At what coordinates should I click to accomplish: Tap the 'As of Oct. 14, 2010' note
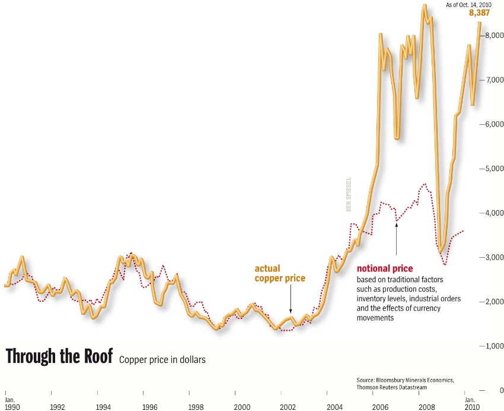click(468, 5)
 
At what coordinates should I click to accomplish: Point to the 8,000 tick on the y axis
click(494, 36)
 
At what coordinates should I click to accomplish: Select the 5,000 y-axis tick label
click(494, 169)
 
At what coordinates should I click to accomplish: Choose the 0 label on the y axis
click(501, 390)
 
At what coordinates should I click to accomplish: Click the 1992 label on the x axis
click(58, 407)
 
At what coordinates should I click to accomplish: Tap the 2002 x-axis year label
click(288, 407)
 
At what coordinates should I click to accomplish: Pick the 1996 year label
click(149, 407)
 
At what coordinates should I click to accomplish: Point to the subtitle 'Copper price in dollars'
click(162, 360)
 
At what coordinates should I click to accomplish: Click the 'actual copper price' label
click(280, 273)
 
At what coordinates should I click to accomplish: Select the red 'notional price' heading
click(384, 268)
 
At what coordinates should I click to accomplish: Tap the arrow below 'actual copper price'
click(291, 303)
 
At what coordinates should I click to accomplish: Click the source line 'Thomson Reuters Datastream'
click(392, 387)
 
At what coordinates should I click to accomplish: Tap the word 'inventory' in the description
click(372, 298)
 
